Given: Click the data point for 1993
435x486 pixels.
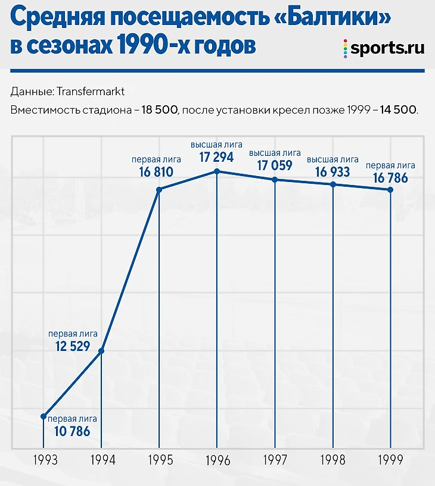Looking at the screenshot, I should tap(44, 416).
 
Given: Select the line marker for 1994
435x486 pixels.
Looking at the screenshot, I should tap(101, 351).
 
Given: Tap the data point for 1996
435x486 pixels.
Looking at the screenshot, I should tap(217, 171).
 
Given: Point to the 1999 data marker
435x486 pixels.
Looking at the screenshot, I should tap(390, 190).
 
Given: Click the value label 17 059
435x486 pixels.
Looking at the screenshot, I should tap(274, 166).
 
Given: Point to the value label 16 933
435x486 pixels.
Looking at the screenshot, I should tap(332, 173).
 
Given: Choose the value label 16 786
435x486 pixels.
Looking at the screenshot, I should tap(390, 178).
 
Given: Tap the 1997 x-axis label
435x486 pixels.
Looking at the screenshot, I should tap(275, 460).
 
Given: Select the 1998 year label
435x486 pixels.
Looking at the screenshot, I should tap(333, 460).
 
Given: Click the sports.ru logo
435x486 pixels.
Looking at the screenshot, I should tap(384, 48).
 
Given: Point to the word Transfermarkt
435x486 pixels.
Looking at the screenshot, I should tap(90, 92).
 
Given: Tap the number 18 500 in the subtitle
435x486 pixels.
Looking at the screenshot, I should tap(160, 111).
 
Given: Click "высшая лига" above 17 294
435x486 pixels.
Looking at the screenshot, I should tap(216, 145).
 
